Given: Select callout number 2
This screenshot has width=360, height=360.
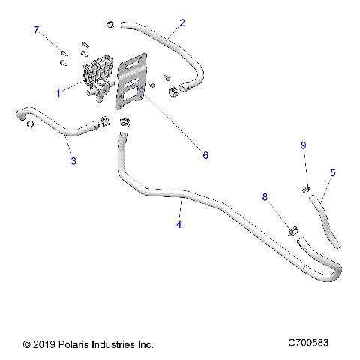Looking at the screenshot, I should tap(182, 22).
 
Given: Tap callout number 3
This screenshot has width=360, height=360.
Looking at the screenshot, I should tap(73, 160).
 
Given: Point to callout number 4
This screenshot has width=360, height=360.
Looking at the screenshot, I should tap(178, 223).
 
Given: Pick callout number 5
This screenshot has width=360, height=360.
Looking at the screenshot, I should tap(333, 172).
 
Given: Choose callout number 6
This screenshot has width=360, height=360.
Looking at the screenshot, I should tap(205, 155).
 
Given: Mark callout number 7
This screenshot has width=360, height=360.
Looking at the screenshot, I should tap(36, 29).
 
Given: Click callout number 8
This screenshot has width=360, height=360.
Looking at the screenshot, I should tap(264, 197).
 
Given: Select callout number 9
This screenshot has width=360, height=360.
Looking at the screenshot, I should tap(304, 145).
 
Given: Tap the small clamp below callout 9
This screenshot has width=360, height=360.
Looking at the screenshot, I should tap(306, 188).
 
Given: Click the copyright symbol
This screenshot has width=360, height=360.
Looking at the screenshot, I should tap(27, 344).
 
